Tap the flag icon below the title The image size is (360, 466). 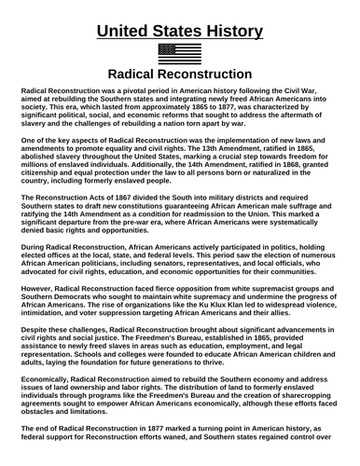coord(179,52)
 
